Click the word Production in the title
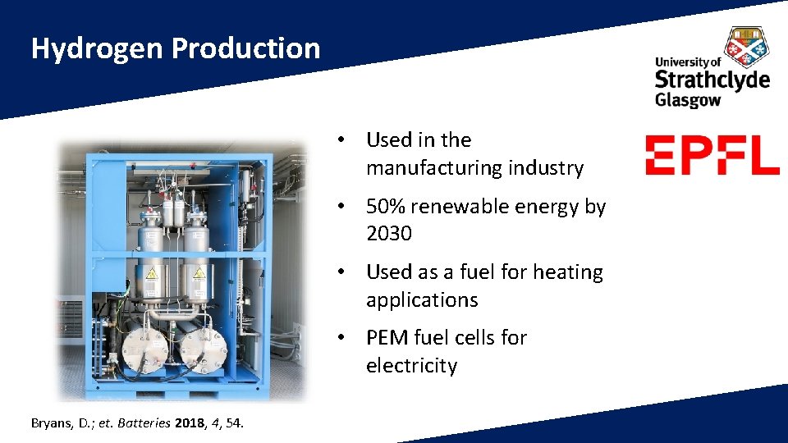[x=245, y=48]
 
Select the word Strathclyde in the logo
[x=712, y=80]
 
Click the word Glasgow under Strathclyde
[x=687, y=100]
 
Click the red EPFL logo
[x=712, y=156]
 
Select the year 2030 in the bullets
[x=389, y=234]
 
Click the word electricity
[x=411, y=366]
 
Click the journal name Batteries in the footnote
[x=145, y=423]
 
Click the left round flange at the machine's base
[x=143, y=351]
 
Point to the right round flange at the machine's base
[x=201, y=351]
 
